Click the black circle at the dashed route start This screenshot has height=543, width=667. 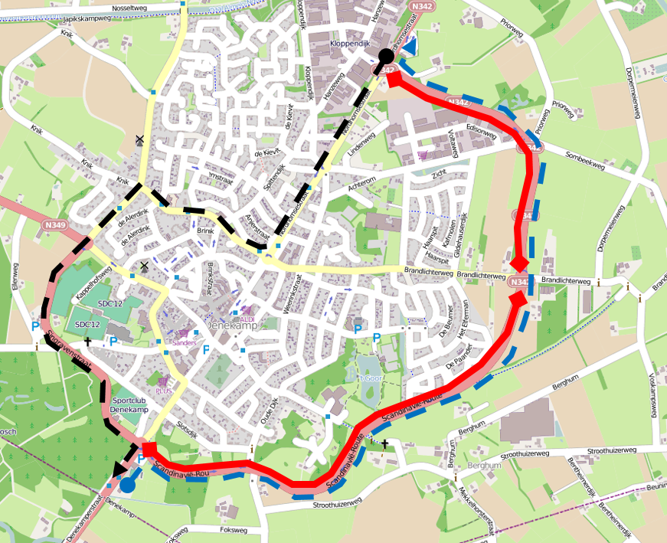click(385, 54)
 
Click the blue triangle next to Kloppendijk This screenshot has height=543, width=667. click(409, 47)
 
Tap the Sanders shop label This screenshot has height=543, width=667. click(184, 343)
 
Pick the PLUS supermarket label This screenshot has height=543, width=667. click(163, 390)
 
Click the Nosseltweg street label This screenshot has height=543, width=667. click(129, 8)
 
